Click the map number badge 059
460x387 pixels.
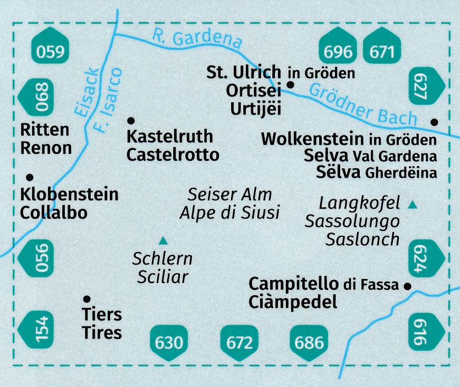pyautogui.click(x=51, y=52)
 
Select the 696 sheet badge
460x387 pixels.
pyautogui.click(x=337, y=52)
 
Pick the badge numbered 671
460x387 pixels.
pyautogui.click(x=382, y=52)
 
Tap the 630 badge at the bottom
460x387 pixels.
pyautogui.click(x=170, y=343)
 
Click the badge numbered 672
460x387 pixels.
pyautogui.click(x=239, y=343)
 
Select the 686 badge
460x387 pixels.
pyautogui.click(x=310, y=343)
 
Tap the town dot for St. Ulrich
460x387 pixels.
pyautogui.click(x=290, y=84)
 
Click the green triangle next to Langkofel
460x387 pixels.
pyautogui.click(x=413, y=204)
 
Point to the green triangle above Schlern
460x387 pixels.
pyautogui.click(x=164, y=241)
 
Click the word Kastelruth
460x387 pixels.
pyautogui.click(x=170, y=137)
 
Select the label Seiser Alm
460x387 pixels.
pyautogui.click(x=230, y=195)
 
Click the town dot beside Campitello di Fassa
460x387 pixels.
pyautogui.click(x=407, y=286)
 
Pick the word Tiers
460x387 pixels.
pyautogui.click(x=102, y=315)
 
